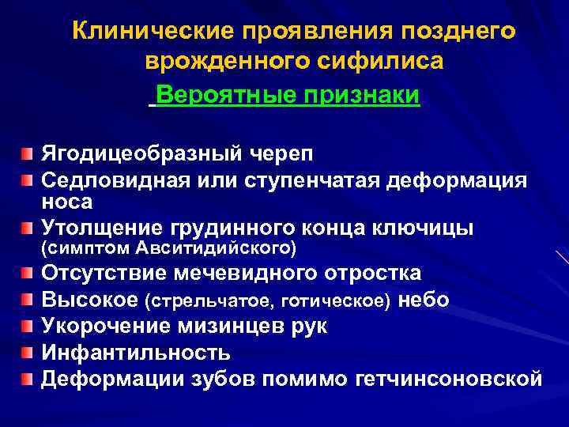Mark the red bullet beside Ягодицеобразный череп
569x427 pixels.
click(28, 152)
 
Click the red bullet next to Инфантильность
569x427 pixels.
click(28, 352)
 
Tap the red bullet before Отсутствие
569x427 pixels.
click(28, 274)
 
